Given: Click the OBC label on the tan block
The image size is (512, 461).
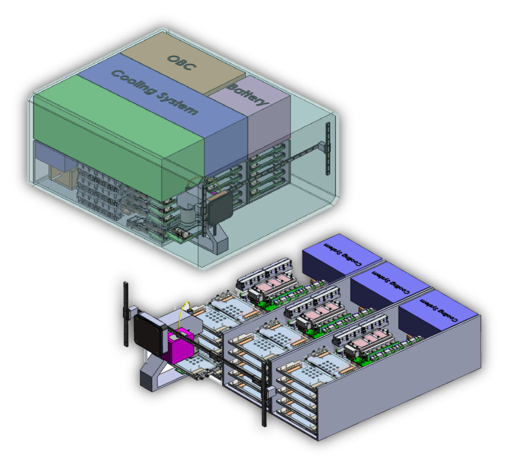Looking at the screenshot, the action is click(x=181, y=62).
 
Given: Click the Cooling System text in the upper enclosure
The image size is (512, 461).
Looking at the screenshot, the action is click(x=155, y=91).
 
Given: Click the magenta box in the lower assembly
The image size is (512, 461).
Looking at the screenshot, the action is click(x=181, y=346).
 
